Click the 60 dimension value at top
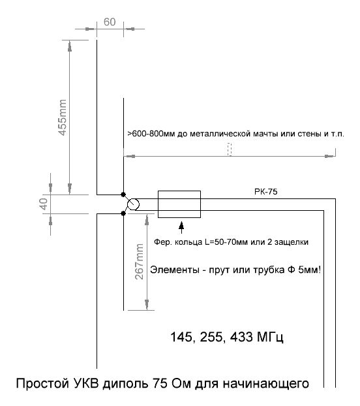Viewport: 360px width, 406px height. coord(110,22)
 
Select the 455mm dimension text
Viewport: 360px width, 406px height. coord(63,117)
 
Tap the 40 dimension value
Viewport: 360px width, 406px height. coord(44,204)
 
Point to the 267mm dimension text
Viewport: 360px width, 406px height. coord(139,262)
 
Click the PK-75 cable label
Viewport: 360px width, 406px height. coord(266,192)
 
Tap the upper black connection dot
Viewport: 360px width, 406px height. coord(123,195)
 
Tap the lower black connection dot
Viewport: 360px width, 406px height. coord(123,213)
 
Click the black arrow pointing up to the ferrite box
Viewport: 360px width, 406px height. coord(181,227)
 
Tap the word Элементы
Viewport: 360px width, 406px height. coord(175,270)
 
